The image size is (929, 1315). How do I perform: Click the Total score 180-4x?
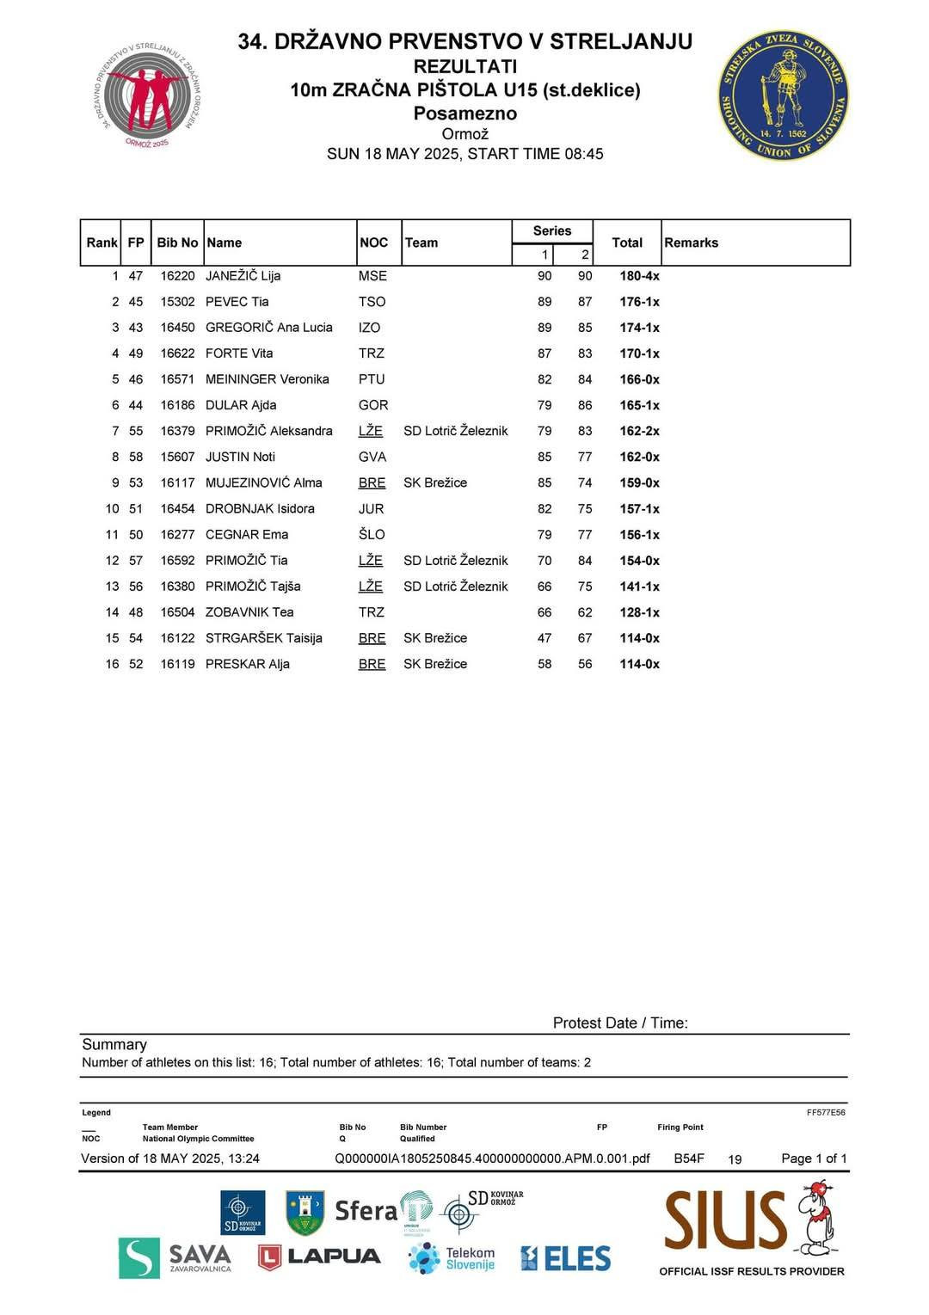(639, 276)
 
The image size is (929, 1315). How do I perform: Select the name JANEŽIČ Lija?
(243, 276)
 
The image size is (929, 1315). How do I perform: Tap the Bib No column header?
(177, 243)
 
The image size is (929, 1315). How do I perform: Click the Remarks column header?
(691, 243)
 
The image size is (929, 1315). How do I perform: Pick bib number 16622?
(177, 353)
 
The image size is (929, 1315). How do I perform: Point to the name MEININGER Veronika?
(267, 379)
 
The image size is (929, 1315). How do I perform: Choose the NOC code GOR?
(373, 405)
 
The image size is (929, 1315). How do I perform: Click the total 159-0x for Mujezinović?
(639, 483)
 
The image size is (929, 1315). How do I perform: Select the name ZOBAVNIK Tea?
(249, 612)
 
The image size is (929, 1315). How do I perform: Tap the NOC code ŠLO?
(372, 535)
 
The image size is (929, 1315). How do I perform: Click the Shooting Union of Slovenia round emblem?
(783, 96)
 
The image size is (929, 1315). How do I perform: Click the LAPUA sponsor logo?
(319, 1257)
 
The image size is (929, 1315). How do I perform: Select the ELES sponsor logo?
(565, 1258)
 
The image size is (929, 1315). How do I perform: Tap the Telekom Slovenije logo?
(452, 1258)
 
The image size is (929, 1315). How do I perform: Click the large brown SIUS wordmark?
(725, 1220)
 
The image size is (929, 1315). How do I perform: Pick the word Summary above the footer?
(114, 1044)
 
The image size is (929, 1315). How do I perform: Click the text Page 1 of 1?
(814, 1158)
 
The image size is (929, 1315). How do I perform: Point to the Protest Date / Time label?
(620, 1023)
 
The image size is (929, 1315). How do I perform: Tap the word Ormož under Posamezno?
(464, 134)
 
